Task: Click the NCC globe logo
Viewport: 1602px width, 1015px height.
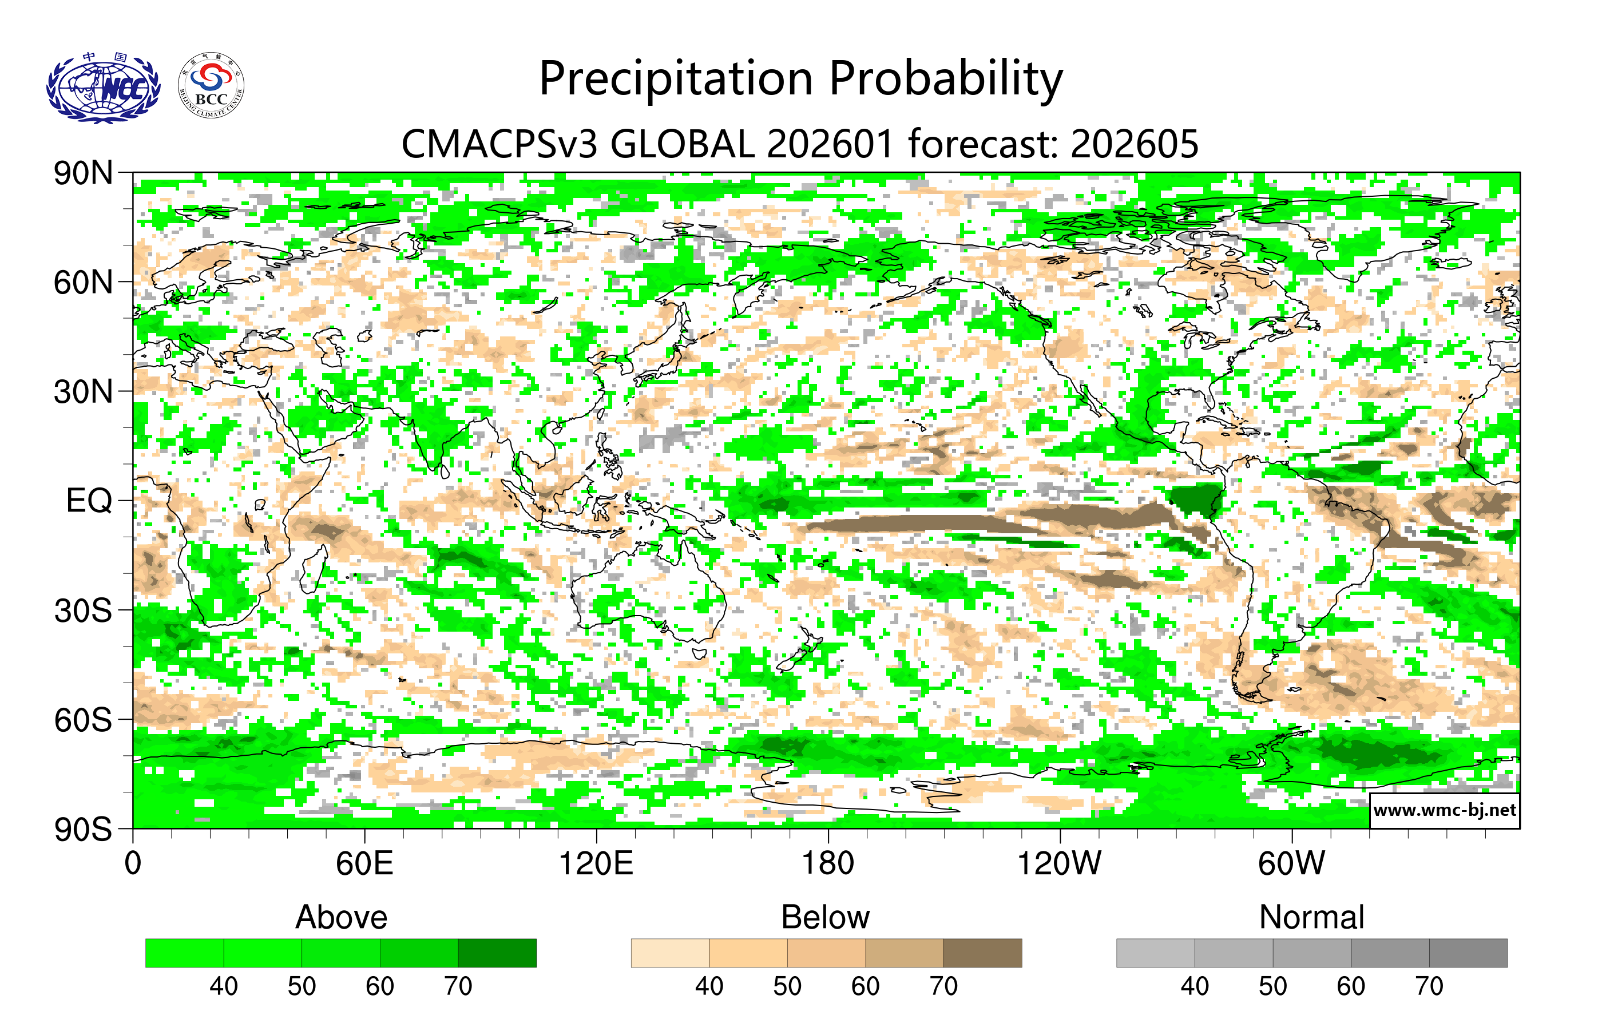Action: [103, 89]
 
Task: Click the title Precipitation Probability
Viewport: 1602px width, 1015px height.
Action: [800, 79]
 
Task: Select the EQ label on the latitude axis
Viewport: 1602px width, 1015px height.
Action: [89, 501]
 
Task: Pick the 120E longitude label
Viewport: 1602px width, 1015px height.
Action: [596, 864]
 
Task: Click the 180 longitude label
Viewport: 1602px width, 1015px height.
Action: [828, 864]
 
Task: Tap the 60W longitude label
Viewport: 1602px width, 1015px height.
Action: [1291, 864]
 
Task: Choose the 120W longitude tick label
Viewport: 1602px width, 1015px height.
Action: [1059, 864]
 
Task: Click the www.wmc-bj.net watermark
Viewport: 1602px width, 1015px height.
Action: [1444, 810]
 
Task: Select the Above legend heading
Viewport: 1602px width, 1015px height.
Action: [342, 917]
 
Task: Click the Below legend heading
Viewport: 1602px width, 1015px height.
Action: [826, 917]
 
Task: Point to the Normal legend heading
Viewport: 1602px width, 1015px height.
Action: [1311, 917]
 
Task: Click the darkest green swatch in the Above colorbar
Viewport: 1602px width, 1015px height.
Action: [497, 953]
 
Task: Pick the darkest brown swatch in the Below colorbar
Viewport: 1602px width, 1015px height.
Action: [982, 953]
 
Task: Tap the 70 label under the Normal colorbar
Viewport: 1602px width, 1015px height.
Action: [1429, 986]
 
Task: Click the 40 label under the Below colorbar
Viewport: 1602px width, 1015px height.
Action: [709, 986]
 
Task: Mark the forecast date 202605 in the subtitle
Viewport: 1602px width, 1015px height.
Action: [1135, 144]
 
